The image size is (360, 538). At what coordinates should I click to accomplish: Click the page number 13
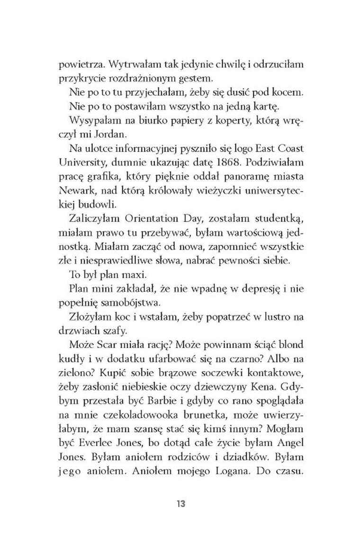(x=180, y=503)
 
